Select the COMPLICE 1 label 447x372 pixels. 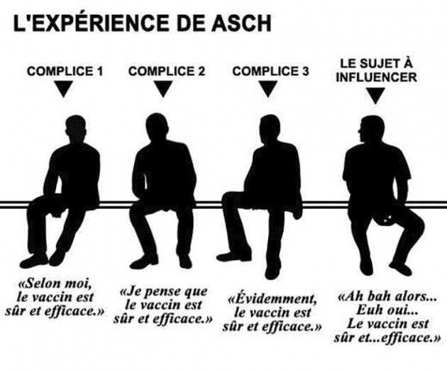pos(65,71)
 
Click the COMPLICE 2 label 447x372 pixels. pos(167,71)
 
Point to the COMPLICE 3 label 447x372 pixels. pos(270,71)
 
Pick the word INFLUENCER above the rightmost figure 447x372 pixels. pos(376,77)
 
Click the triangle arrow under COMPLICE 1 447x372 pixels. pos(63,88)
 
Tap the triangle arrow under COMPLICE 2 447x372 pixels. pos(162,88)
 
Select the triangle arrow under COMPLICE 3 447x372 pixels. pos(267,88)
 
